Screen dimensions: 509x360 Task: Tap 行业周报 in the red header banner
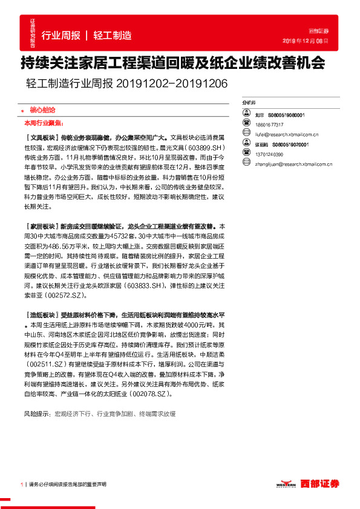coord(61,35)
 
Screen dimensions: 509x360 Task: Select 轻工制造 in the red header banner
coord(112,35)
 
